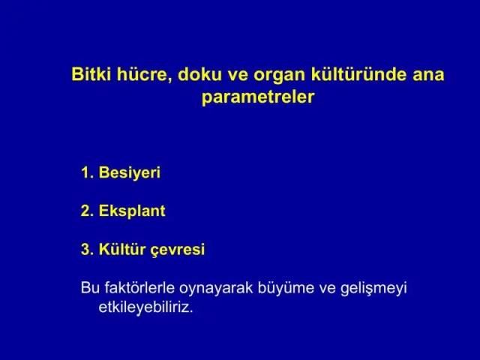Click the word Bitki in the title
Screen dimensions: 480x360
pyautogui.click(x=91, y=74)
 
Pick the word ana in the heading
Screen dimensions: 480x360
pyautogui.click(x=428, y=76)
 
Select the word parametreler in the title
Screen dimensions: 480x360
pyautogui.click(x=258, y=97)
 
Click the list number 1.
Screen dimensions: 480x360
pyautogui.click(x=87, y=172)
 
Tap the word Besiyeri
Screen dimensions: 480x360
pyautogui.click(x=130, y=173)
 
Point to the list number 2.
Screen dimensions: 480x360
pyautogui.click(x=87, y=211)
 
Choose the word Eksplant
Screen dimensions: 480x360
pyautogui.click(x=132, y=211)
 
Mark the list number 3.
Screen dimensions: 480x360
pyautogui.click(x=87, y=249)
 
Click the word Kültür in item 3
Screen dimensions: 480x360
pyautogui.click(x=121, y=249)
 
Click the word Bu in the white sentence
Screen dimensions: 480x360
pyautogui.click(x=90, y=287)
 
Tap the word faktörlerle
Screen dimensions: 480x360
pyautogui.click(x=139, y=287)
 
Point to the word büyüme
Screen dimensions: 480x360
pyautogui.click(x=286, y=289)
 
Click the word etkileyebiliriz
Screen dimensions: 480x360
pyautogui.click(x=145, y=307)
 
